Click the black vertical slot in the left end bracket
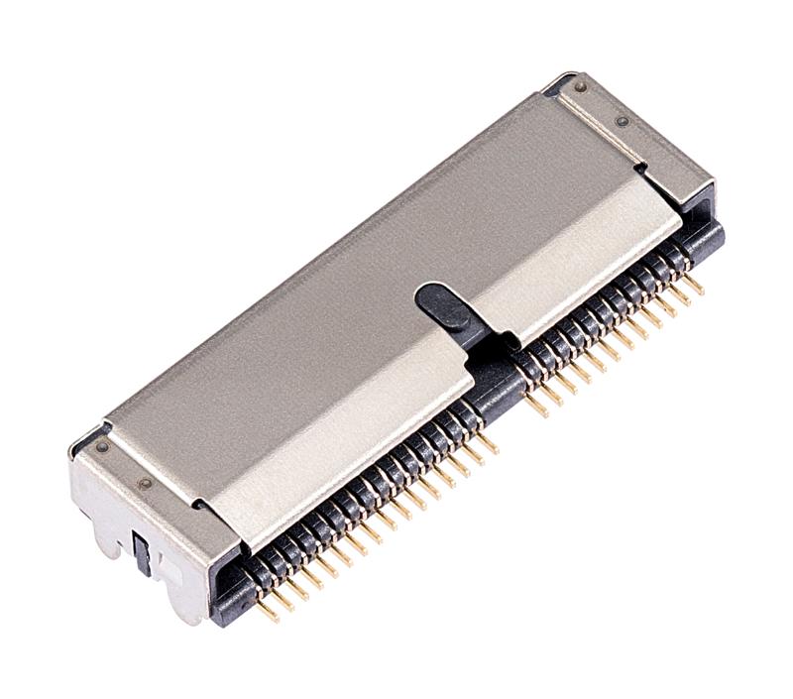143,551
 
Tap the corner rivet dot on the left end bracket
101,446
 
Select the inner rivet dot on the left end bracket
146,484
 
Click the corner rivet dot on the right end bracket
580,86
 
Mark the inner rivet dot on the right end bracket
622,121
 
